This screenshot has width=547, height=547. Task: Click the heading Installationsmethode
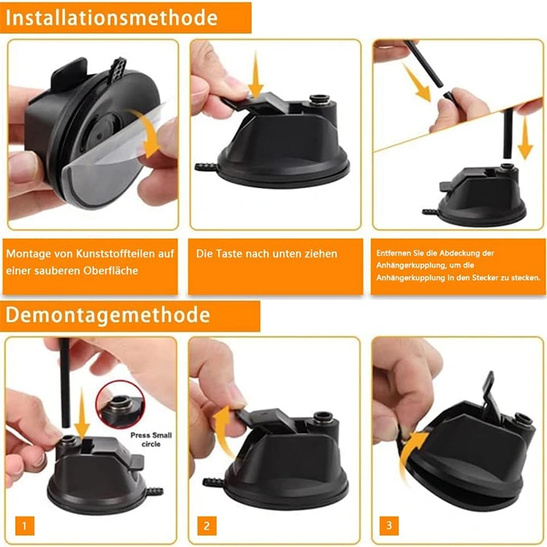[x=112, y=18]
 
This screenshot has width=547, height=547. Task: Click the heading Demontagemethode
[x=108, y=315]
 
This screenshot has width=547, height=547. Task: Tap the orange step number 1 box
[x=24, y=525]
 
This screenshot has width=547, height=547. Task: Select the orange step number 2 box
[x=206, y=525]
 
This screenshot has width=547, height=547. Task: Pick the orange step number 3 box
[x=389, y=525]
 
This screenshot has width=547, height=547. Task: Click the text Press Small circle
[x=151, y=439]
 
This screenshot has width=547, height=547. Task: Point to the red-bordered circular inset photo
[x=120, y=405]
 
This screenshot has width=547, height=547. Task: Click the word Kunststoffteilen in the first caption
[x=117, y=254]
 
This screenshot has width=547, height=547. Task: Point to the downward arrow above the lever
[x=256, y=75]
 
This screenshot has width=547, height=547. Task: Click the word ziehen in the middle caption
[x=321, y=254]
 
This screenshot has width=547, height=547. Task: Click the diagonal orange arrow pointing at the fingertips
[x=417, y=82]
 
